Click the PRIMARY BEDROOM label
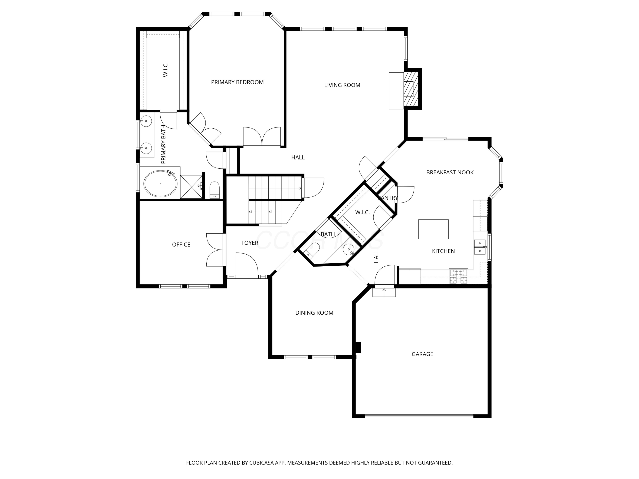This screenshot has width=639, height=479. click(x=237, y=82)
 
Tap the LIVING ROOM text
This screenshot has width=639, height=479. click(x=342, y=85)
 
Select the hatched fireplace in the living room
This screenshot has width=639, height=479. click(x=410, y=88)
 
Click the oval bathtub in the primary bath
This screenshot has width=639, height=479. click(x=160, y=184)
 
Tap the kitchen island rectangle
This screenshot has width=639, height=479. click(x=433, y=229)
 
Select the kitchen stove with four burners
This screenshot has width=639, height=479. click(x=458, y=276)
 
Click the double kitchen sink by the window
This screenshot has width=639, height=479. click(x=479, y=247)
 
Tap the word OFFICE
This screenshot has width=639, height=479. click(x=181, y=245)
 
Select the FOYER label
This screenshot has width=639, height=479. click(x=250, y=243)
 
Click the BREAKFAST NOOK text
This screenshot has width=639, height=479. click(x=450, y=172)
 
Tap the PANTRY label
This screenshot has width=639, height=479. click(x=388, y=198)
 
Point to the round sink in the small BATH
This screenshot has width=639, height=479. click(x=349, y=250)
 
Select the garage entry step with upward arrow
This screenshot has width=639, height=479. click(x=384, y=292)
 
